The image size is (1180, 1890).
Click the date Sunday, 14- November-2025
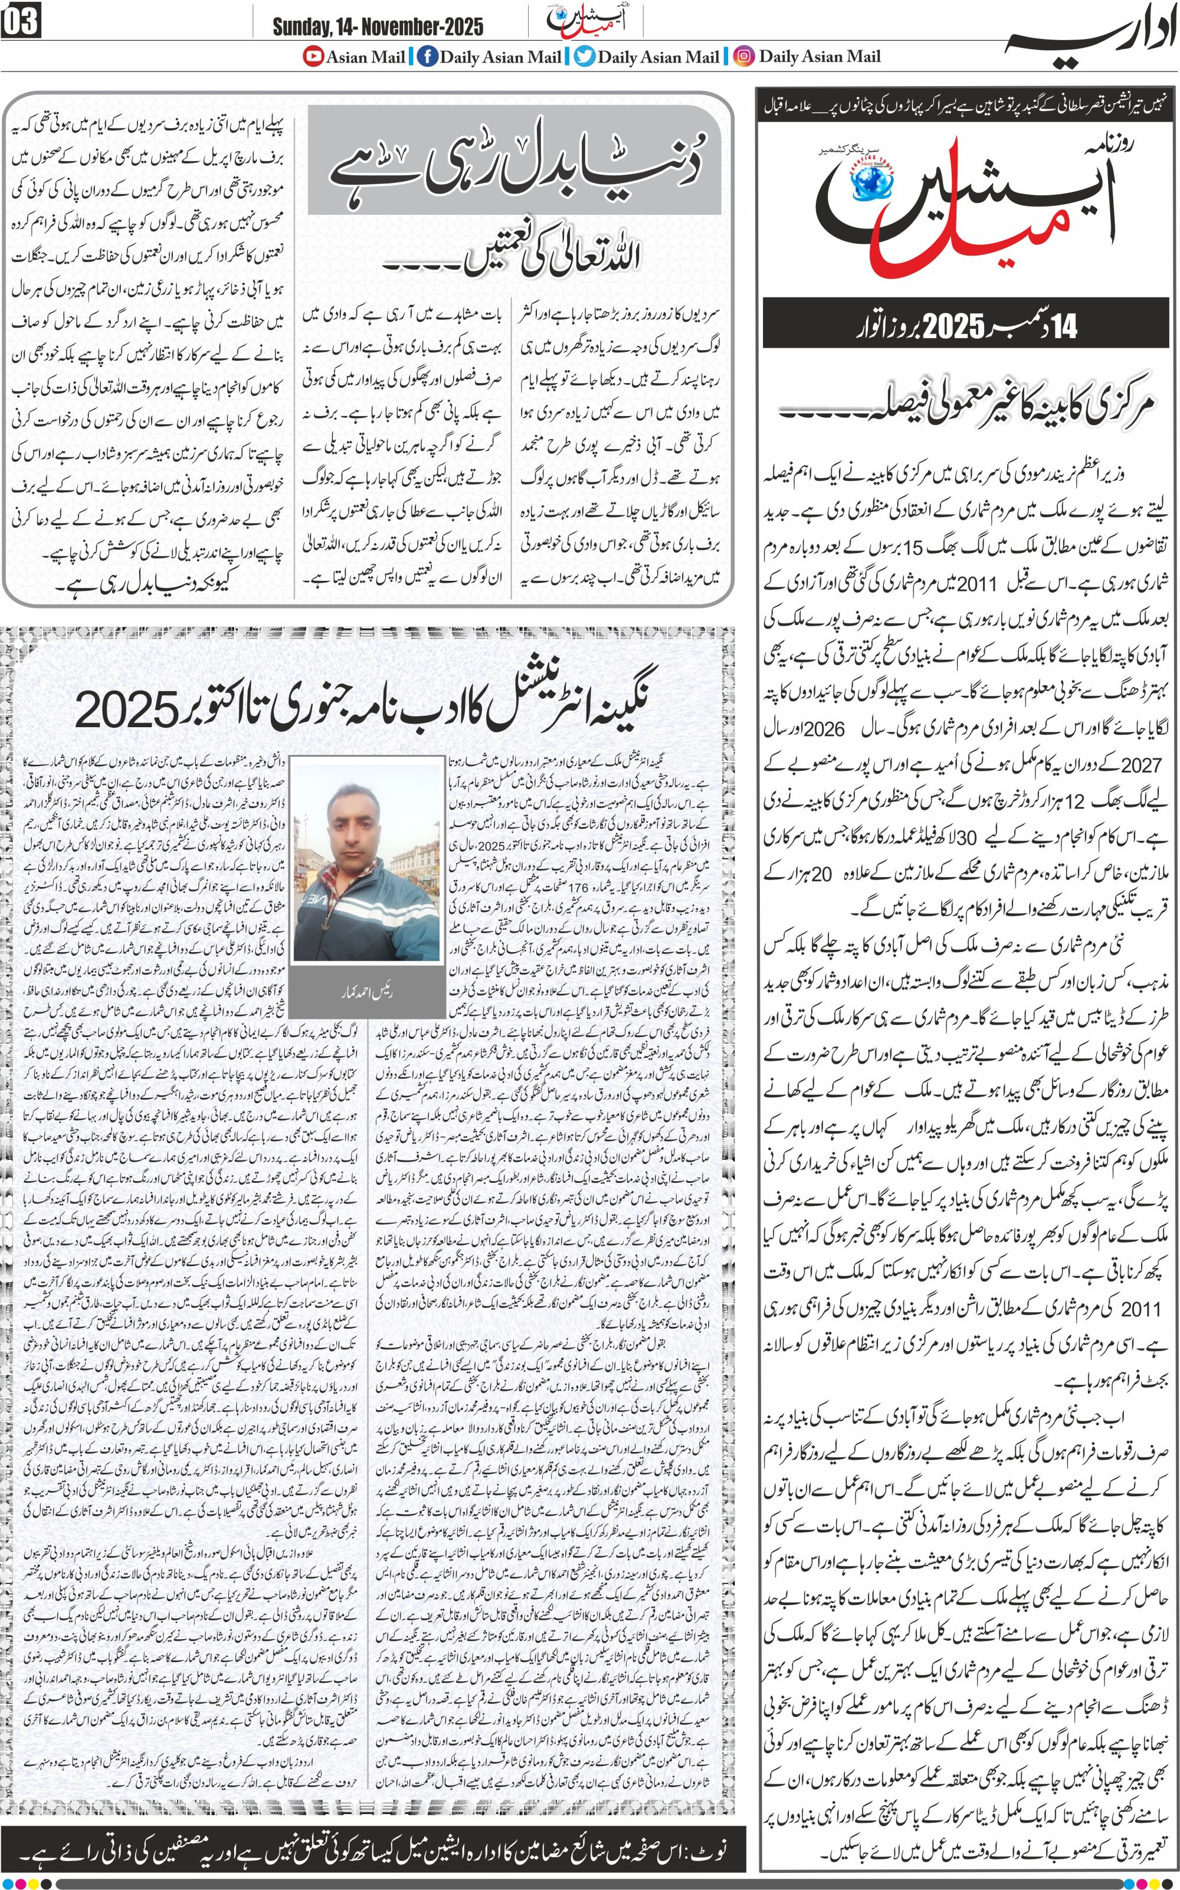click(377, 27)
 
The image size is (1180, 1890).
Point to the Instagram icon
click(745, 56)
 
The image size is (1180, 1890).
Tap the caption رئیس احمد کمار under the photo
click(366, 992)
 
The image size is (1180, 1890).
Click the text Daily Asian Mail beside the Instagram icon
click(820, 56)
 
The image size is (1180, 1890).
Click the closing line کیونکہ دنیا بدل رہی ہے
click(145, 581)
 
